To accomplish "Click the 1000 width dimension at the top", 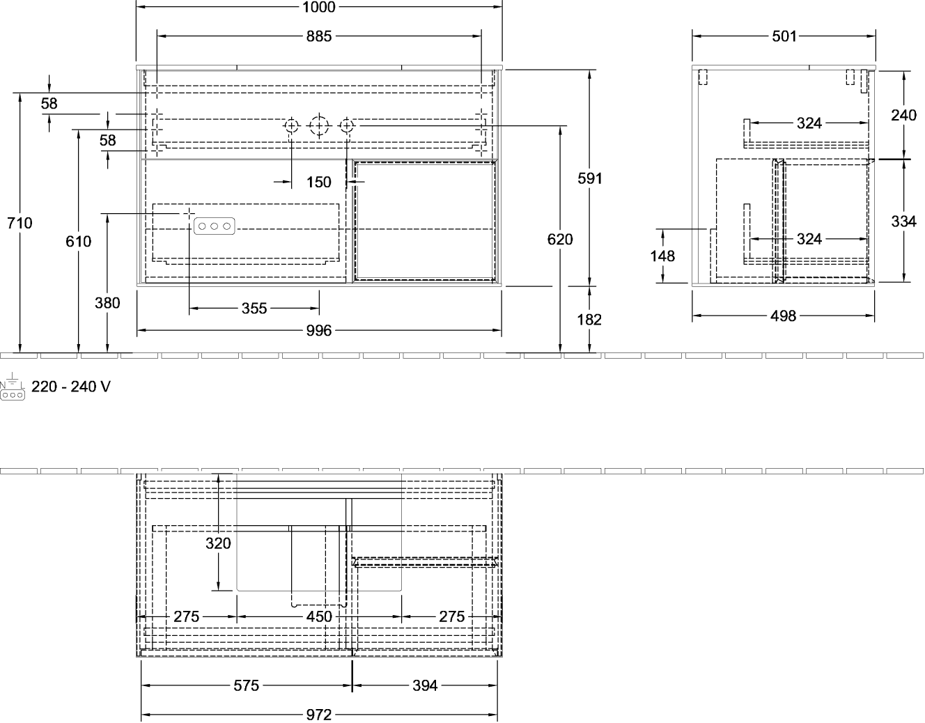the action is (319, 7).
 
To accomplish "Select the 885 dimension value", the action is (319, 36).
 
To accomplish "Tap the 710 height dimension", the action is (20, 223).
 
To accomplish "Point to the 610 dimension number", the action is (78, 241).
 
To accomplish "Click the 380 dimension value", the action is (107, 302).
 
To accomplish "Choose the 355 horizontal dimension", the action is (254, 308).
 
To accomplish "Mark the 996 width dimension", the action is (319, 330).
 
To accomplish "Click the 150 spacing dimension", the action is (319, 182).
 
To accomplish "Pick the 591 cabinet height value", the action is (589, 178).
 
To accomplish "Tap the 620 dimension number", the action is (560, 239).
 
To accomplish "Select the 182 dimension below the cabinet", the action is (589, 319).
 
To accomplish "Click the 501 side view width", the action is (784, 36).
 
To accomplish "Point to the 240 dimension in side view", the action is (903, 115).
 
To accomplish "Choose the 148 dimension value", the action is (662, 256).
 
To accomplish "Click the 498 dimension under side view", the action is (783, 316).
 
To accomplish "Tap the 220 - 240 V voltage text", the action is (71, 387).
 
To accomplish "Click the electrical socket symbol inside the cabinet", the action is (214, 226).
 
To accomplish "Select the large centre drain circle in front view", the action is (319, 126).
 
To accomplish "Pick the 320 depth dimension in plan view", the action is (218, 543).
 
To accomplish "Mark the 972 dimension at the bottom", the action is (319, 715).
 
